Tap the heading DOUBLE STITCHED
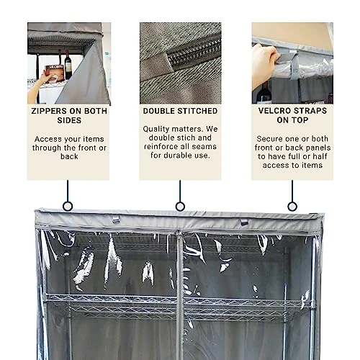point(180,111)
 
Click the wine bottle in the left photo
point(68,66)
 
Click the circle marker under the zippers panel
point(68,206)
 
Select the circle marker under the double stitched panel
point(180,206)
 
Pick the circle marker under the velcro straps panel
point(292,206)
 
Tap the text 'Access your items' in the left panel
point(68,139)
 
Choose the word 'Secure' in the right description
point(272,139)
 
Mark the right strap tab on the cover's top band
point(244,222)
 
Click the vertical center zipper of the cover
point(179,288)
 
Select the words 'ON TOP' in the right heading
point(292,120)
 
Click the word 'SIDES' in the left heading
point(68,120)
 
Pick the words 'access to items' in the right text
point(292,165)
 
